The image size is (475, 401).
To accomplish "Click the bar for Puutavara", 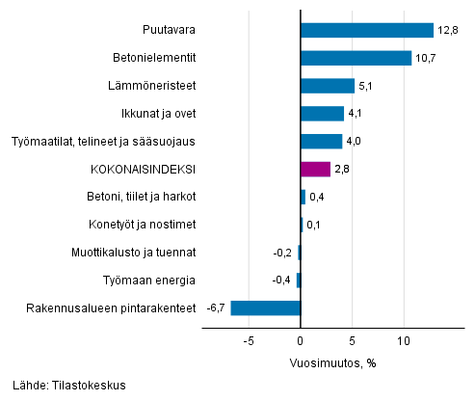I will (366, 30).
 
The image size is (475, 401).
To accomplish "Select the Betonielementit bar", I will (356, 58).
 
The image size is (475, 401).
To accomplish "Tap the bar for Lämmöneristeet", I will (328, 86).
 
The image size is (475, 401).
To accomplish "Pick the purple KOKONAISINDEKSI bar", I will (315, 170).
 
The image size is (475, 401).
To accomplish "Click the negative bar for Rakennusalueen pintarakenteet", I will (265, 308).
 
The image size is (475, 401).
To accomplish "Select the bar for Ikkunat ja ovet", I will (322, 114).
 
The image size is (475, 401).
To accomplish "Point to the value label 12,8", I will (447, 30).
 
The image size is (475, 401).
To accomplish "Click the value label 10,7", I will (426, 58).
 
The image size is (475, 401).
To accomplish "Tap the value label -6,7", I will (215, 308).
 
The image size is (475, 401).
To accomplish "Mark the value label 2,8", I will (343, 170).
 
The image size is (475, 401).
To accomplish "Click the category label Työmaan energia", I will (149, 281).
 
